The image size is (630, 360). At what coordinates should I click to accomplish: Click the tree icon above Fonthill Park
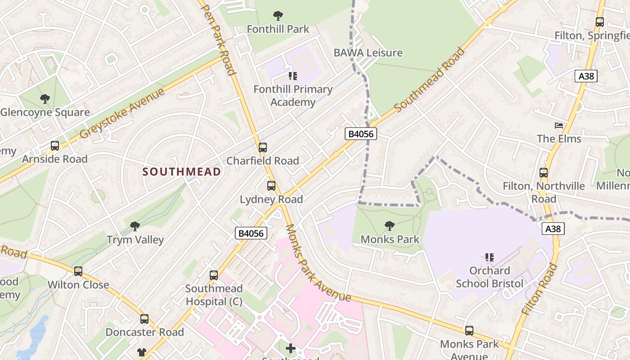click(278, 16)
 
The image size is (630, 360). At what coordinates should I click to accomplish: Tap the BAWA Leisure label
click(368, 53)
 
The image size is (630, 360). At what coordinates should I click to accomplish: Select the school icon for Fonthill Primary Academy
click(293, 76)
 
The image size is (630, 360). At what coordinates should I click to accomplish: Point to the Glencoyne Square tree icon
click(45, 99)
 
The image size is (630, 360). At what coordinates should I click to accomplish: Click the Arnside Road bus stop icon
click(55, 146)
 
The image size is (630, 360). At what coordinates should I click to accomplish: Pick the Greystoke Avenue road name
click(122, 113)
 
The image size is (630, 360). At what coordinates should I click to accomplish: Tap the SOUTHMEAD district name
click(182, 171)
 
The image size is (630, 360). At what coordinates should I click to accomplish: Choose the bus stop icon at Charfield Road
click(263, 148)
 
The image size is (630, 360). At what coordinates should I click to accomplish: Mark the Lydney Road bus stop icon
click(271, 186)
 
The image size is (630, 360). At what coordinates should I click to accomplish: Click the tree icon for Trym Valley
click(135, 226)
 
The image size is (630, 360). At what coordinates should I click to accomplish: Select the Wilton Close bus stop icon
click(78, 271)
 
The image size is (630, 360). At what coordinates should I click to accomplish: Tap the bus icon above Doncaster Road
click(144, 319)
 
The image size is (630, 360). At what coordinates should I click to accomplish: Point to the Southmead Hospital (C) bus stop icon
click(214, 275)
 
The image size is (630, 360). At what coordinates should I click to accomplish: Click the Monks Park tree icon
click(390, 226)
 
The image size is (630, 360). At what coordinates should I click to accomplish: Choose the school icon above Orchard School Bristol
click(490, 257)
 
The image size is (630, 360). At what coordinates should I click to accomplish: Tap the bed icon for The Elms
click(559, 126)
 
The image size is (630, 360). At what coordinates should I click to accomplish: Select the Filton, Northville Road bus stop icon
click(544, 172)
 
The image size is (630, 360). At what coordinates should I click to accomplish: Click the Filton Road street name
click(540, 288)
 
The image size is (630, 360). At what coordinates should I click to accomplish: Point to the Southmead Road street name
click(429, 80)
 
